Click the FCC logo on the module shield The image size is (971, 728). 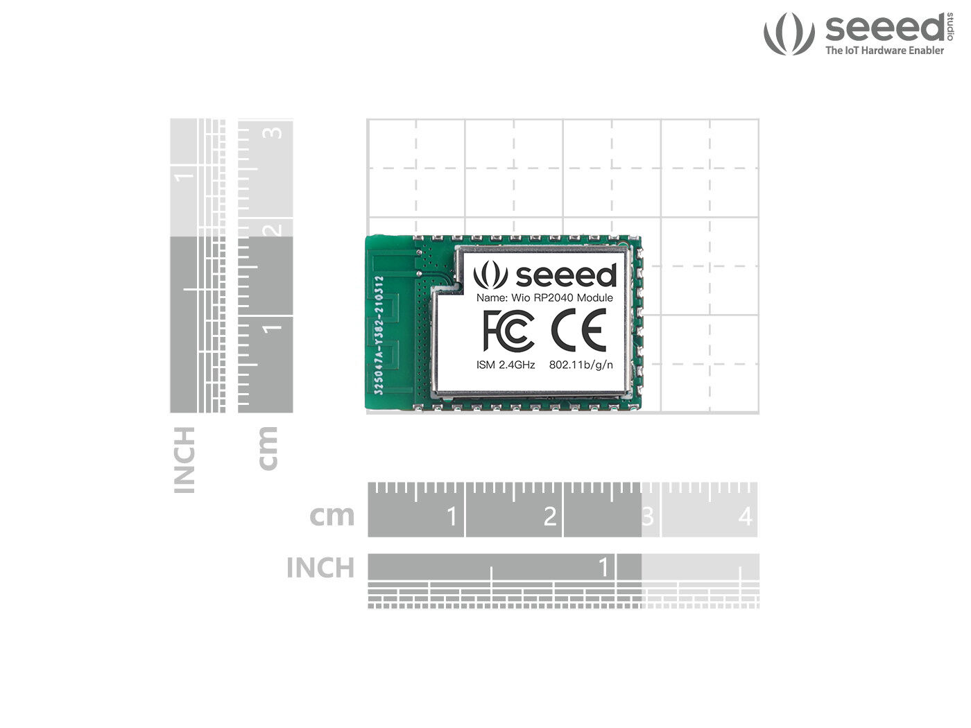pos(508,331)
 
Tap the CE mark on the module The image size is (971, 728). pos(578,331)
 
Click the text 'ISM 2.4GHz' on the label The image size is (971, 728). pos(506,365)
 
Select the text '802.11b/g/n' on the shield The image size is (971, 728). pos(581,365)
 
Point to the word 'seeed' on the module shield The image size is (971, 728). pos(566,275)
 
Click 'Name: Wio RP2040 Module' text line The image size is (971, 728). pos(544,298)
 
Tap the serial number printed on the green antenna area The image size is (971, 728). pos(379,336)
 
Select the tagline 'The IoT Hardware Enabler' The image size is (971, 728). pos(884,51)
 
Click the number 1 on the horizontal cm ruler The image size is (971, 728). pos(452,517)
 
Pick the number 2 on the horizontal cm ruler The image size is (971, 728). pos(550,517)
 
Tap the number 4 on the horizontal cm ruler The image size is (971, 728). pos(746,517)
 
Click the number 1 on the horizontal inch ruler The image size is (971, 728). pos(603,567)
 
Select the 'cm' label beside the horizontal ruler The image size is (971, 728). pos(332,515)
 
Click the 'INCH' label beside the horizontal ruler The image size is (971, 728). pos(320,568)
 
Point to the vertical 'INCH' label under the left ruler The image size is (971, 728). pos(184,460)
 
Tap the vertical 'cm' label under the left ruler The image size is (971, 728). pos(267,449)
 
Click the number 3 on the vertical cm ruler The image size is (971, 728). pos(275,132)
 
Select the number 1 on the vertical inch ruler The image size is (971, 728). pos(184,175)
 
